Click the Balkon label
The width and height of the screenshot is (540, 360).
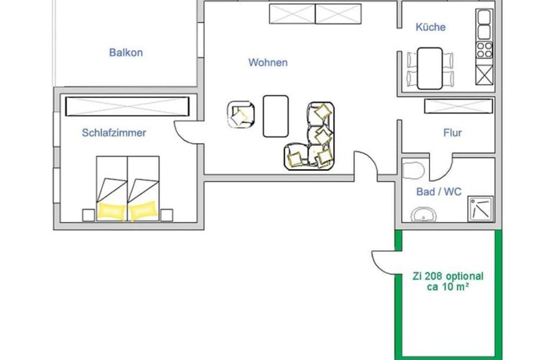click(126, 52)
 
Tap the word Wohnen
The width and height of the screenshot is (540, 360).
click(268, 62)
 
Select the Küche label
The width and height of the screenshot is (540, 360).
click(430, 27)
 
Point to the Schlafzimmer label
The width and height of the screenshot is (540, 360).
click(114, 133)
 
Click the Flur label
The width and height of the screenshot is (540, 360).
click(452, 133)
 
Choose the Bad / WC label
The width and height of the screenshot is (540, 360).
click(438, 192)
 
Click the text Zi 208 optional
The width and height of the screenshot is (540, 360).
click(448, 276)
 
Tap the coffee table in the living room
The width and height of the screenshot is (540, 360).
click(275, 116)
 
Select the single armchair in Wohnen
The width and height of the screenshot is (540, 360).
click(240, 114)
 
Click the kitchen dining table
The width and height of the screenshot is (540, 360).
click(430, 69)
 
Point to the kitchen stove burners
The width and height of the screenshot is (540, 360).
click(484, 50)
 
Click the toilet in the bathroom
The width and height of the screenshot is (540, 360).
click(413, 170)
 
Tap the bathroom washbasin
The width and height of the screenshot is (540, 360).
click(423, 215)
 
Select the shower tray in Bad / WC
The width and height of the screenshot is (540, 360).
click(481, 209)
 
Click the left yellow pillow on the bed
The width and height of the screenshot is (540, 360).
click(111, 210)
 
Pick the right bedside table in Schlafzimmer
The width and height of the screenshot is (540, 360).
click(167, 215)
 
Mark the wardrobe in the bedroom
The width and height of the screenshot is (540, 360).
click(127, 106)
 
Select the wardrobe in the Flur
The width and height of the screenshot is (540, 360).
click(458, 106)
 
